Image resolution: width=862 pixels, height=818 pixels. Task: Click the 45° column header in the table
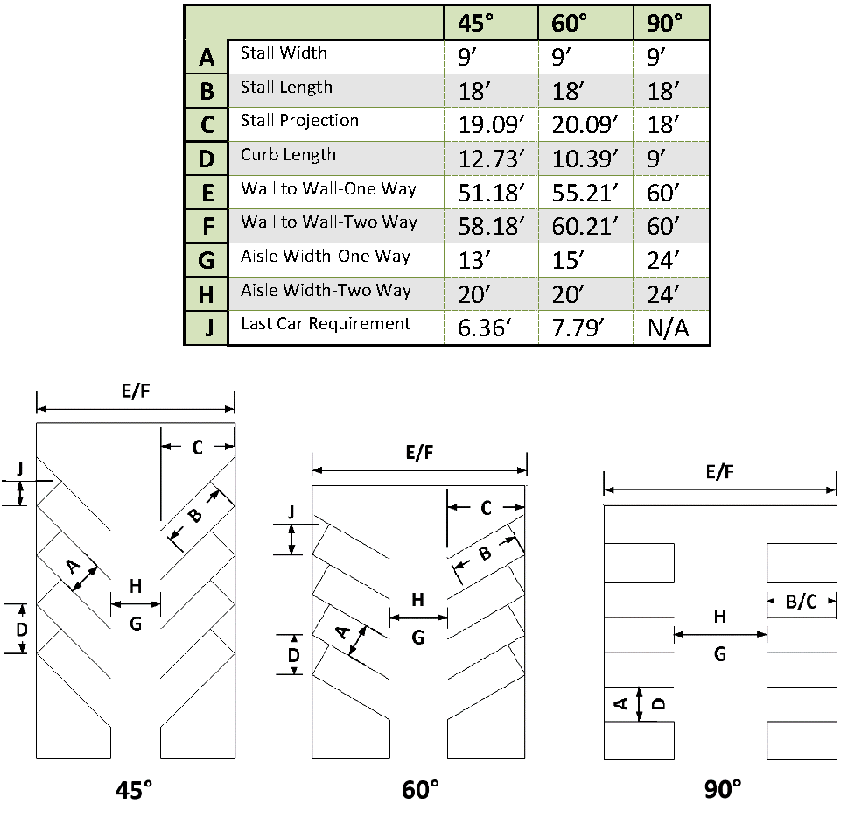coord(475,23)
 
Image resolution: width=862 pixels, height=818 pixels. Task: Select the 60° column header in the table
coord(570,23)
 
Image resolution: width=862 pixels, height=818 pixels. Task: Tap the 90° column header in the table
coord(664,23)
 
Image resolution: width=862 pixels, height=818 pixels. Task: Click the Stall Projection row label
coord(299,121)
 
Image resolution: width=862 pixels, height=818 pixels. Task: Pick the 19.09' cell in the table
coord(492,125)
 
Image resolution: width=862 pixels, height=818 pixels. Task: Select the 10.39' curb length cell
coord(585,159)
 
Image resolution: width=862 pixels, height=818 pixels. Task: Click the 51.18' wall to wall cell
coord(492,193)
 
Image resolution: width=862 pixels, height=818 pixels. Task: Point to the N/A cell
coord(668,328)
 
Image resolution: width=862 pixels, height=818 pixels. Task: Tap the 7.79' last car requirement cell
coord(578,328)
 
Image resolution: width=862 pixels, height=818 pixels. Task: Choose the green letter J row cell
coord(207,328)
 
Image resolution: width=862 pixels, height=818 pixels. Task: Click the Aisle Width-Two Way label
coord(326,290)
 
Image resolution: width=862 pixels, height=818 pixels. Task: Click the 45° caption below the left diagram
coord(134,790)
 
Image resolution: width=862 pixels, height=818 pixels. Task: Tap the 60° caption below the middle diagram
coord(420,790)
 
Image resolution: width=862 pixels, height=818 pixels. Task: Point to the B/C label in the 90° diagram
coord(801,602)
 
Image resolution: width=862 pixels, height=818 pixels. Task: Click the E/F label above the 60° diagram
coord(419,453)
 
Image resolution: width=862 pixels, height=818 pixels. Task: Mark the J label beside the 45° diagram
coord(20,469)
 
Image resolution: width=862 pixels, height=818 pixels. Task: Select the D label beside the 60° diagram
coord(294,655)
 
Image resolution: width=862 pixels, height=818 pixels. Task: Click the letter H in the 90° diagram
coord(719,617)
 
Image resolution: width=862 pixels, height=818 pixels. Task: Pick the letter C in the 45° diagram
coord(198,448)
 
